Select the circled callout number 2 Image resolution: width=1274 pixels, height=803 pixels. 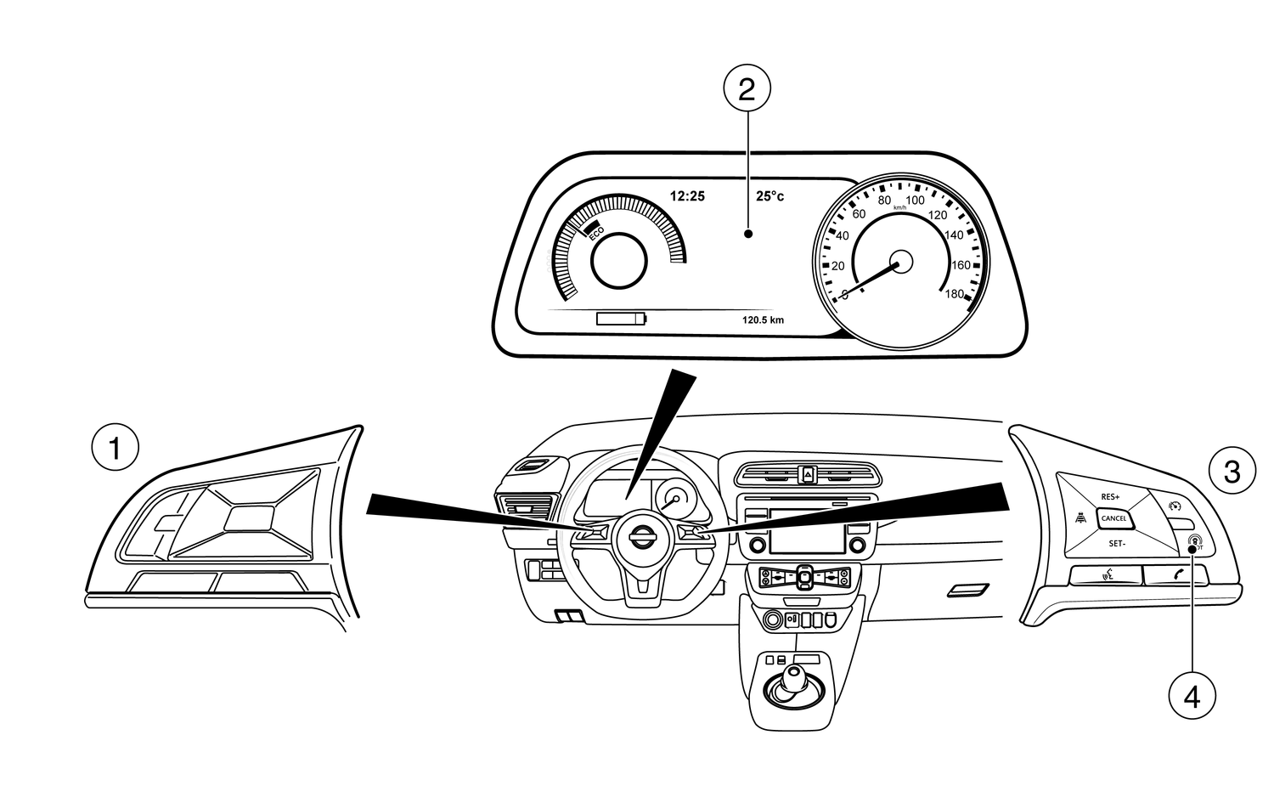click(x=747, y=88)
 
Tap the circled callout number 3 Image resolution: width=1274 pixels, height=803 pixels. click(x=1231, y=471)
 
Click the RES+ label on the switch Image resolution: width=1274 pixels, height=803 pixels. click(x=1111, y=496)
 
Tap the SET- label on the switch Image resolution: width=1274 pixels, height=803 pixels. click(x=1117, y=542)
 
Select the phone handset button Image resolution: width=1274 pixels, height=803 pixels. click(x=1177, y=575)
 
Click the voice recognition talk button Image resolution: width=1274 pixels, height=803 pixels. click(x=1107, y=576)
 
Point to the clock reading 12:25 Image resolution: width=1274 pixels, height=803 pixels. click(x=687, y=196)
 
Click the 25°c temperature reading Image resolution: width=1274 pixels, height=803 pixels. click(x=770, y=196)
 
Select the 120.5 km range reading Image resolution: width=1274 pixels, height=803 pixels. click(x=763, y=320)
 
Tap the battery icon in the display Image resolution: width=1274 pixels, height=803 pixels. click(x=621, y=320)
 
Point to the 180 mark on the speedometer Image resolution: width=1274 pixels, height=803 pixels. click(x=954, y=294)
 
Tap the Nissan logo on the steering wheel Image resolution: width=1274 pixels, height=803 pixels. click(x=641, y=538)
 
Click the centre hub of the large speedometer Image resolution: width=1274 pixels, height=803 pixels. click(x=900, y=263)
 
